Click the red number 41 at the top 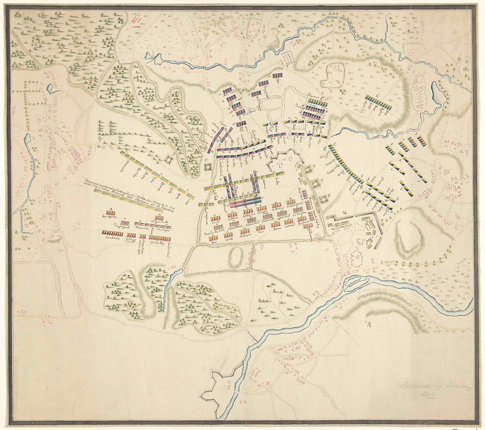pos(137,20)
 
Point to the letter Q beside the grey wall pos(344,213)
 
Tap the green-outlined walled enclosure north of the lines pos(333,75)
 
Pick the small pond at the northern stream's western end pos(150,58)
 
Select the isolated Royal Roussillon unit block pos(110,213)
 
